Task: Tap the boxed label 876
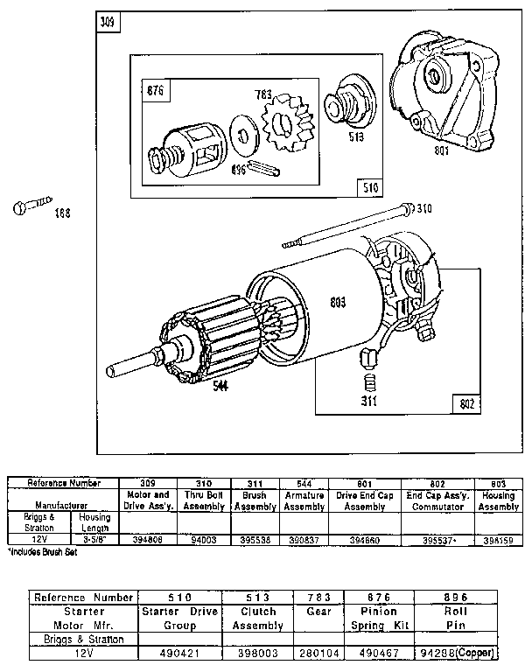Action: [155, 90]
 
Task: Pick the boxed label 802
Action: [466, 403]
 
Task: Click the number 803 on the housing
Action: [338, 303]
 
